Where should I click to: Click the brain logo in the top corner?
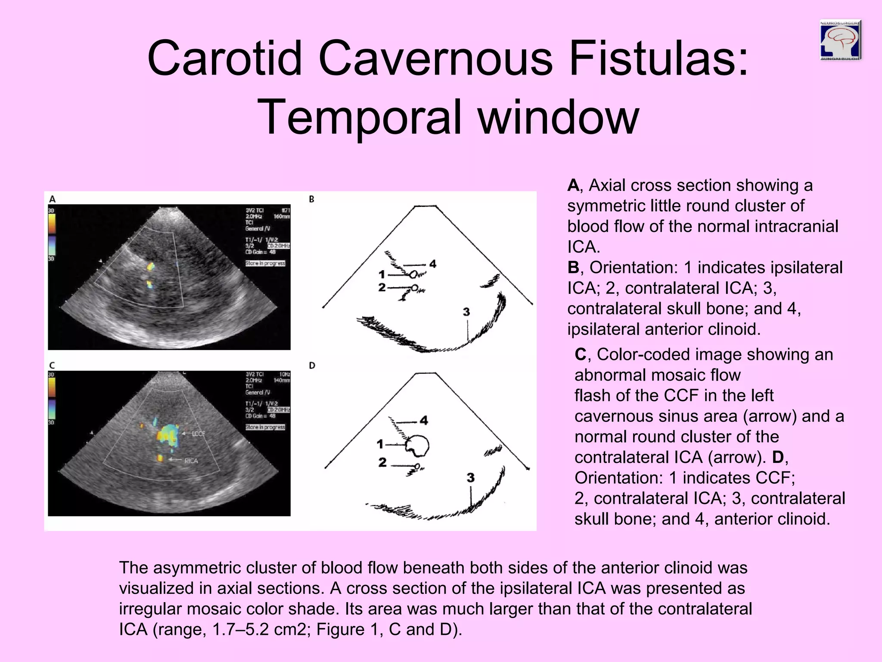coord(840,40)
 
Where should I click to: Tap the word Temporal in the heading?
coord(362,117)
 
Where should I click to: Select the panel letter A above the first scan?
coord(53,199)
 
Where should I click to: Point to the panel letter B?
coord(311,199)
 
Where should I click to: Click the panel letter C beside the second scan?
coord(53,365)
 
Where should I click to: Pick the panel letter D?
coord(312,365)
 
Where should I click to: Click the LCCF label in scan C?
coord(198,434)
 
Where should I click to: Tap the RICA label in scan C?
coord(191,461)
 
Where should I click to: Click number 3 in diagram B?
coord(466,312)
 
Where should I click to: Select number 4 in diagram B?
coord(433,264)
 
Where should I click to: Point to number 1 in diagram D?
coord(380,443)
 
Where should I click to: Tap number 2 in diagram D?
coord(382,462)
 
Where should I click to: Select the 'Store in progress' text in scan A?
coord(265,263)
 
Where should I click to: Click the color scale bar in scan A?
coord(52,235)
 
